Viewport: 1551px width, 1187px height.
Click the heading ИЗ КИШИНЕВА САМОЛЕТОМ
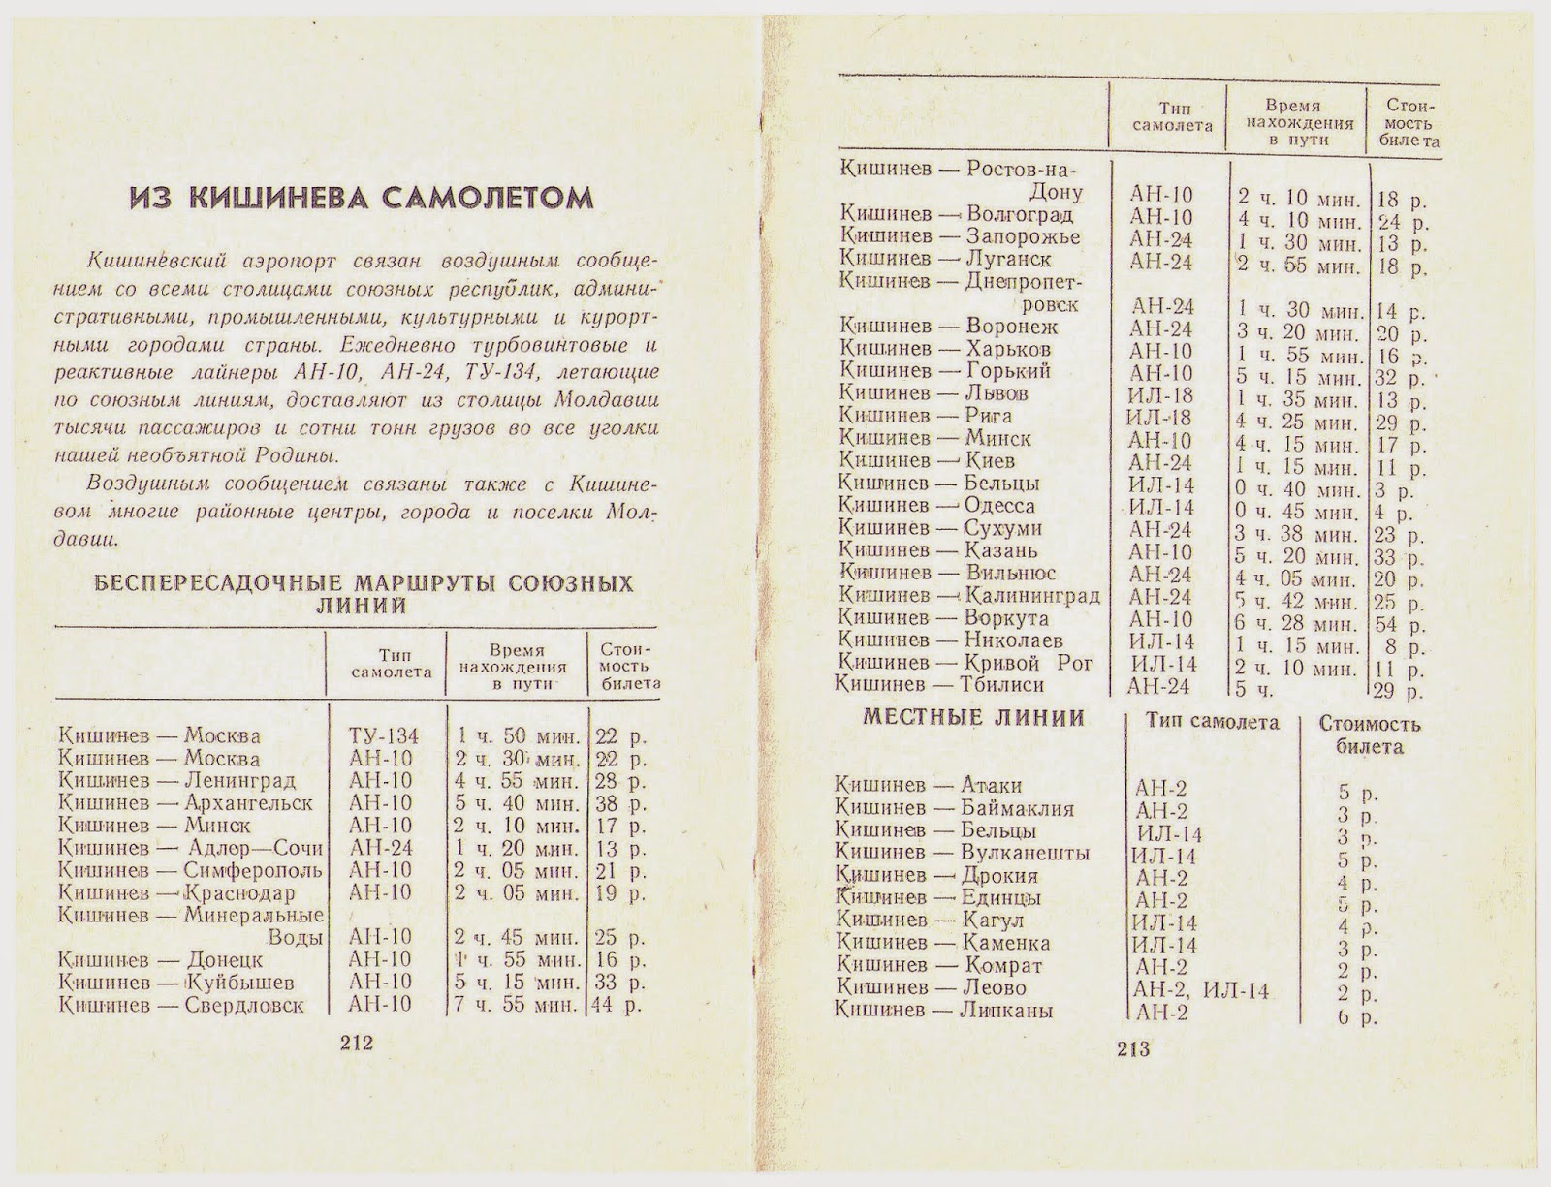click(362, 199)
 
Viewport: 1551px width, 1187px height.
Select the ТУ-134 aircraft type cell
click(383, 735)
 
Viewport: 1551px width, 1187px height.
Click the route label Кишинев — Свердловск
click(180, 1005)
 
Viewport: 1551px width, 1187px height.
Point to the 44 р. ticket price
click(618, 1005)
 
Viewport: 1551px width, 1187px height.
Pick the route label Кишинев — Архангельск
click(185, 802)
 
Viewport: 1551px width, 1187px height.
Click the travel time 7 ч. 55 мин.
click(517, 1005)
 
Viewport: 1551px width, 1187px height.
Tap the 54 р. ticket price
click(1401, 625)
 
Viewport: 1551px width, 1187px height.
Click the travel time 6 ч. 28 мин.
click(1298, 623)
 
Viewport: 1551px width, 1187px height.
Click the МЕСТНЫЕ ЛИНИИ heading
click(972, 718)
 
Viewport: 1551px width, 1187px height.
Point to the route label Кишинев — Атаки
click(928, 786)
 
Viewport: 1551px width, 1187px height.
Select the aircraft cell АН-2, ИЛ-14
click(1200, 990)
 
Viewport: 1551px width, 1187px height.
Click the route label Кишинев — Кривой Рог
click(965, 663)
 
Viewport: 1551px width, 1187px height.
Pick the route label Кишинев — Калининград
click(969, 596)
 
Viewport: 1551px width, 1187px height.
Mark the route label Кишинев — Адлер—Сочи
click(190, 847)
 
